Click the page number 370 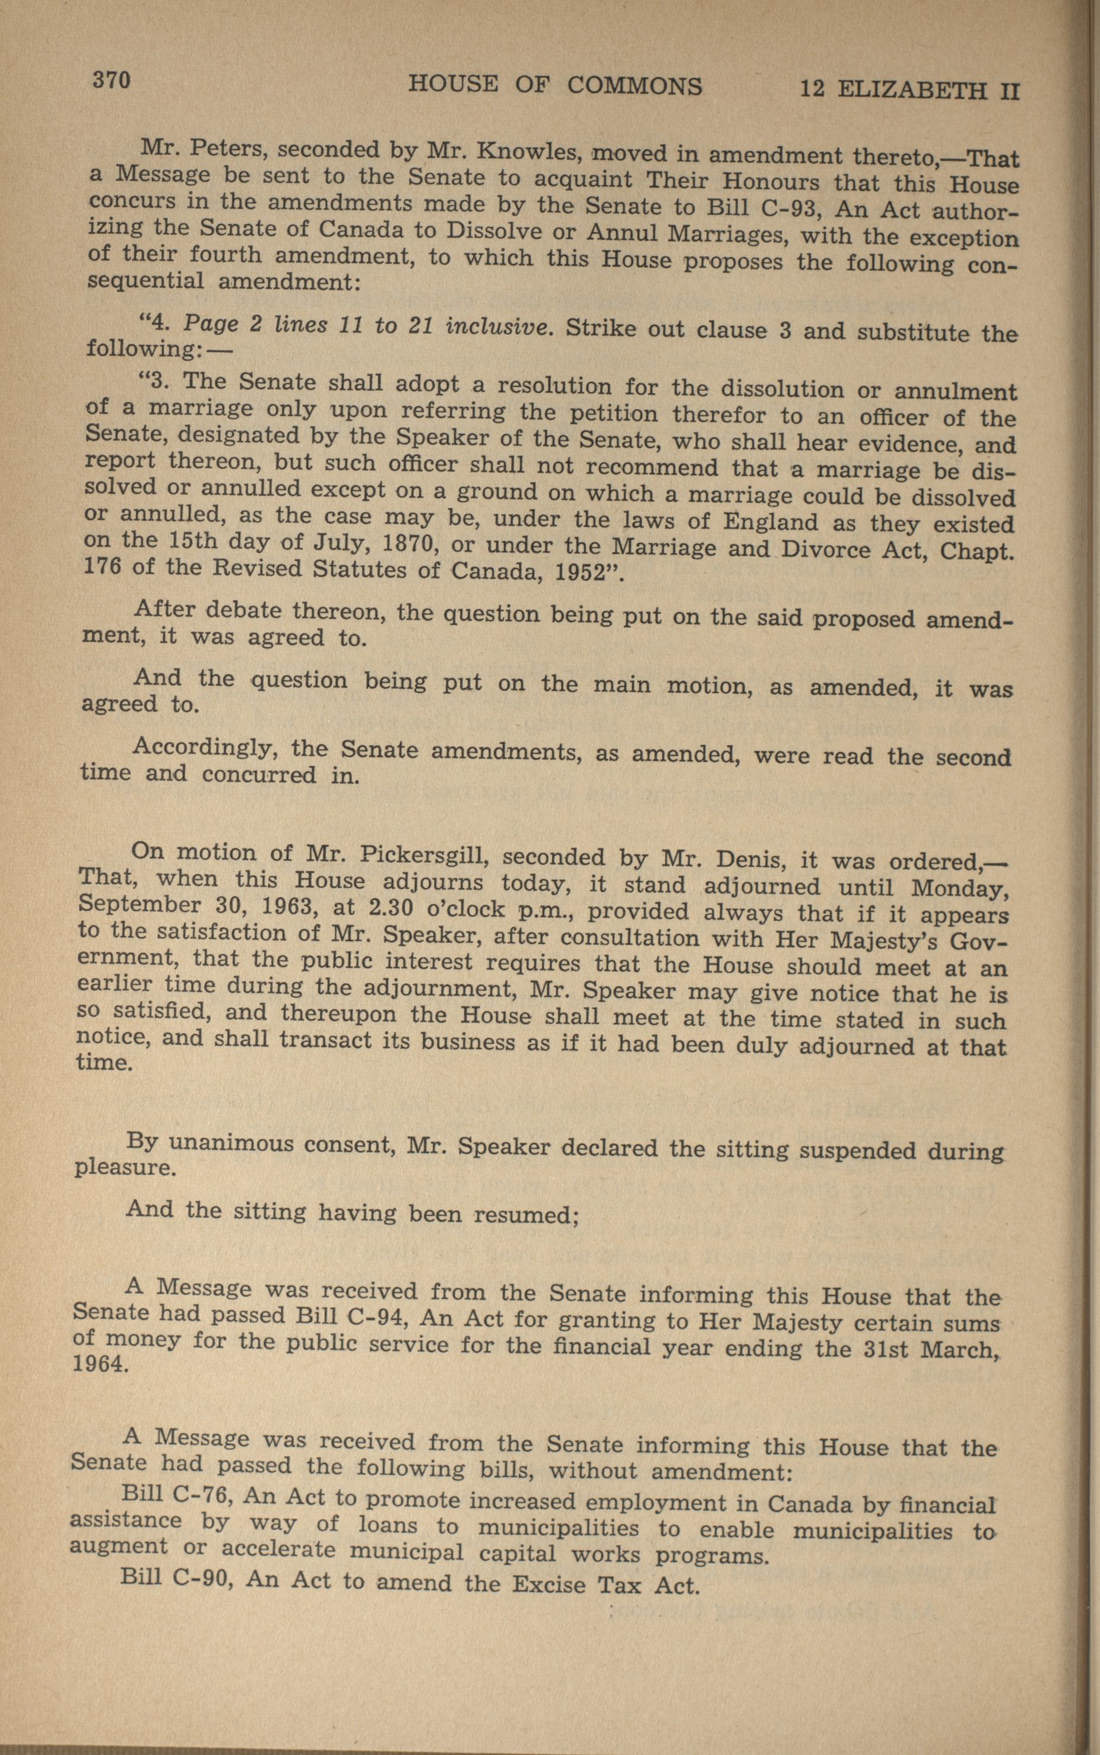(x=110, y=80)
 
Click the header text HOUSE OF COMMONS (x=555, y=86)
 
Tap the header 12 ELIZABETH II (x=910, y=90)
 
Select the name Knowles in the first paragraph (x=520, y=152)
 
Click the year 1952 (x=581, y=571)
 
